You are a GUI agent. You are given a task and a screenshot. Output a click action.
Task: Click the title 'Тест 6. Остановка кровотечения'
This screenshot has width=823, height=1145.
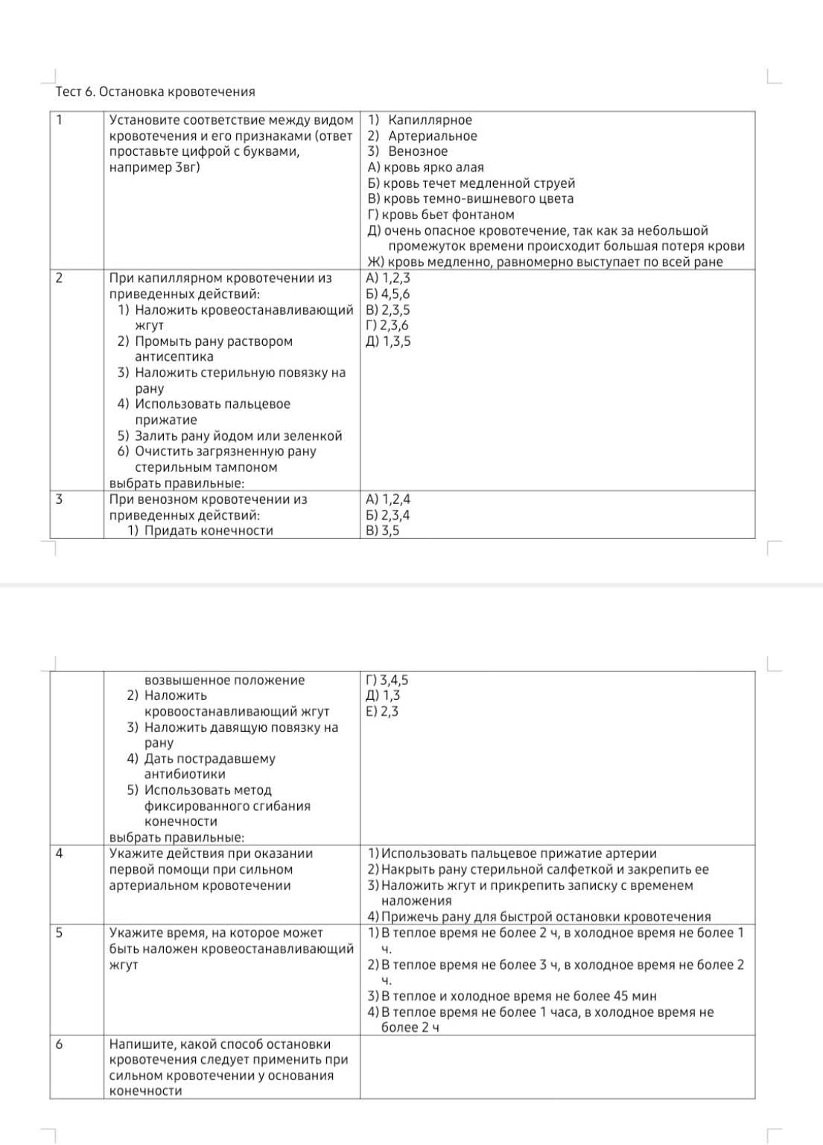[155, 92]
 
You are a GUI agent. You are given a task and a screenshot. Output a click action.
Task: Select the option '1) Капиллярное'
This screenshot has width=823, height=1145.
[421, 120]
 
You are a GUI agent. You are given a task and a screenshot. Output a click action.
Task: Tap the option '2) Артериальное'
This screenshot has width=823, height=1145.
[423, 136]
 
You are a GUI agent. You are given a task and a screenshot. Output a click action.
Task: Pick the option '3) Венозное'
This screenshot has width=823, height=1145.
[408, 151]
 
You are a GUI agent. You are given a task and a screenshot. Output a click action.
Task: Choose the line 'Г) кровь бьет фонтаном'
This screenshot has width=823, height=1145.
[441, 215]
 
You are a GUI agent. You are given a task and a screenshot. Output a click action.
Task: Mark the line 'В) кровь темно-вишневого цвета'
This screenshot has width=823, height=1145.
[471, 199]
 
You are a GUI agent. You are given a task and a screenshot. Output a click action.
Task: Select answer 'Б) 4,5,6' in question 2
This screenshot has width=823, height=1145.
[389, 294]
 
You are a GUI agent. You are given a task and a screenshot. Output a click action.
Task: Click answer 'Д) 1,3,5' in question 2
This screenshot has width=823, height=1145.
[389, 341]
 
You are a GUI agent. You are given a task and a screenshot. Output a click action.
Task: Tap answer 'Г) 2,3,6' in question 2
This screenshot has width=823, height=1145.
[388, 325]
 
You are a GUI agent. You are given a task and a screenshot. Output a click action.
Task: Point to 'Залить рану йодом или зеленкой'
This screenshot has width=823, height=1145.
[238, 436]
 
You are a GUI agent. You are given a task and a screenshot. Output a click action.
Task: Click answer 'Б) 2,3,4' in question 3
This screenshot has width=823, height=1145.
[388, 515]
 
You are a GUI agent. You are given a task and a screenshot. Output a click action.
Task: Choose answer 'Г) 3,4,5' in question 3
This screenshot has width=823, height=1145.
[387, 680]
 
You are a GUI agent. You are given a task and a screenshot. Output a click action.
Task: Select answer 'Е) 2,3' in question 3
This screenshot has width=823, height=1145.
[383, 711]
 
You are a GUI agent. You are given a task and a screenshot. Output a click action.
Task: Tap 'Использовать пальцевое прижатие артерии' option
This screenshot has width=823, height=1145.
[518, 854]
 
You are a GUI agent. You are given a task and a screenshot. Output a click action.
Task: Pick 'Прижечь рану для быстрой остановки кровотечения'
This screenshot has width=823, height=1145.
[546, 917]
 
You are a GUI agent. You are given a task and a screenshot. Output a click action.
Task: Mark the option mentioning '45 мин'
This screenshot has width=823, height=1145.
[518, 996]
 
